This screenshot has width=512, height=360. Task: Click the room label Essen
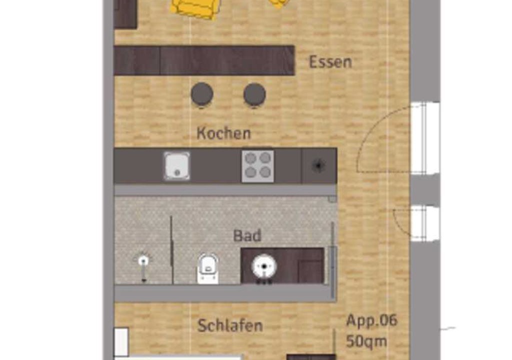330,62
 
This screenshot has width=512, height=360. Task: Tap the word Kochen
224,133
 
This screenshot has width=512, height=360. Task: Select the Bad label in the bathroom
247,235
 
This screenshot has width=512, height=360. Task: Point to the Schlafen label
230,325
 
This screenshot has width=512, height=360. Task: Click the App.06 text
371,320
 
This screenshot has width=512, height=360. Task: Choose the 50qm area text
366,341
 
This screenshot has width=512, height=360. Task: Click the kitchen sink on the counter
176,166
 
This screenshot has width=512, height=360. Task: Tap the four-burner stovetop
257,166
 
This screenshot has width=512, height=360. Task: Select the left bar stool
202,94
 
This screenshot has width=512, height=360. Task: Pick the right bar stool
254,94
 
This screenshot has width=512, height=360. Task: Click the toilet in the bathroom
208,268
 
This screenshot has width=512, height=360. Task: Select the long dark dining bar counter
204,61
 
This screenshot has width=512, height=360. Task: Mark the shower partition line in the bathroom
171,249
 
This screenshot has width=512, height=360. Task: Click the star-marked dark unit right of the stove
319,165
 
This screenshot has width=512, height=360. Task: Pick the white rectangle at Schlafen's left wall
121,341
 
